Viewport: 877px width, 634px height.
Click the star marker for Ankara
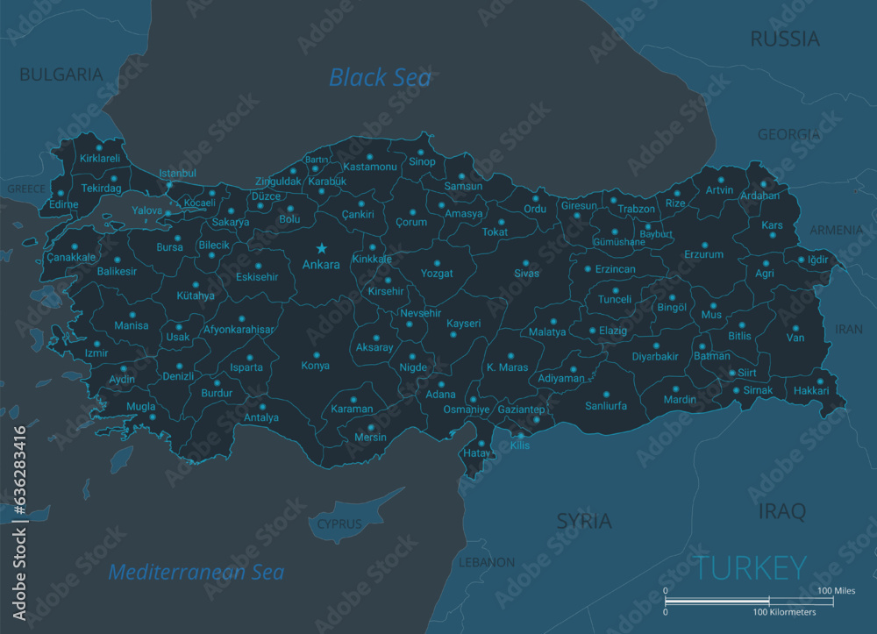pos(322,249)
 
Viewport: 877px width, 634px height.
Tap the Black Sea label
pos(380,77)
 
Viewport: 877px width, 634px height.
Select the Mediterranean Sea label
pos(196,573)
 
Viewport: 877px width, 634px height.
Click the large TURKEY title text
pos(752,567)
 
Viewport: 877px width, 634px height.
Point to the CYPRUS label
pos(339,524)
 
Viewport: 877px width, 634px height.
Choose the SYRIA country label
pos(584,521)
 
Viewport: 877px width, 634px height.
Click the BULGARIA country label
pos(61,75)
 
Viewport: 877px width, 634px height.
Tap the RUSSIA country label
pos(785,39)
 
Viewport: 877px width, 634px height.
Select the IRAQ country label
pos(781,510)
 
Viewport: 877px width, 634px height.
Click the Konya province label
pos(316,366)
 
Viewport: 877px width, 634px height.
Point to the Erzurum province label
pos(704,255)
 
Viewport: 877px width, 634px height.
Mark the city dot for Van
pos(795,326)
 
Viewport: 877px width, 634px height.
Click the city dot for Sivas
pos(526,263)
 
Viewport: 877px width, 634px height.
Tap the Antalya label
pos(261,417)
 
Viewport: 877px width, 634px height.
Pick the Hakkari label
pos(810,391)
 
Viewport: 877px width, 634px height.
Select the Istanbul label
pos(177,174)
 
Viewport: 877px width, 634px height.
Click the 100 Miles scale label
pos(836,590)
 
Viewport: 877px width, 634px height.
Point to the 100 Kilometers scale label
pos(784,611)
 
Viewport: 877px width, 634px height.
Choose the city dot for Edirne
pos(61,193)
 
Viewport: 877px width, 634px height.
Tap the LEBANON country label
pos(487,561)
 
